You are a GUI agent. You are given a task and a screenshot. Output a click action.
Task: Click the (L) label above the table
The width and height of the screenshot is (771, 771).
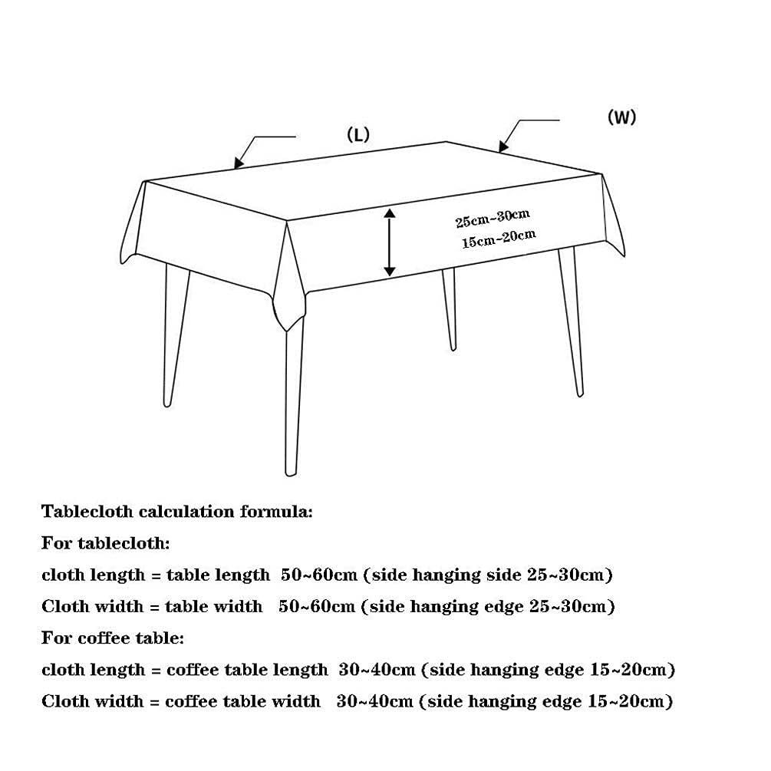(357, 135)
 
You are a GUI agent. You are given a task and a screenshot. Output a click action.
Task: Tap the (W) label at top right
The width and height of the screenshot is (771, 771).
(621, 117)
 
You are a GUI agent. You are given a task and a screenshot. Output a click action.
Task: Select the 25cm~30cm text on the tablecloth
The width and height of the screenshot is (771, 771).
(493, 217)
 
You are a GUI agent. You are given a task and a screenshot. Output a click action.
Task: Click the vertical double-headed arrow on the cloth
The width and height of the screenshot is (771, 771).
(390, 242)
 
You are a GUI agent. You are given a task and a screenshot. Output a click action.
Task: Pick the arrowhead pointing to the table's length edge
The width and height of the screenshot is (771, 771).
(239, 163)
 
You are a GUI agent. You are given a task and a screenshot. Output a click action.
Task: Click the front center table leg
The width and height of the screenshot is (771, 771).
(293, 399)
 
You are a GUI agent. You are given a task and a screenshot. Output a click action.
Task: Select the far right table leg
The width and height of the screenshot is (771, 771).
(572, 322)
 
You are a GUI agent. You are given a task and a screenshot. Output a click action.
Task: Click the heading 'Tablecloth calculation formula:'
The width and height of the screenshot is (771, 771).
(177, 511)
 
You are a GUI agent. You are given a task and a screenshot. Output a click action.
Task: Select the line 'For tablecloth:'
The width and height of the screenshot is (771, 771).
(106, 543)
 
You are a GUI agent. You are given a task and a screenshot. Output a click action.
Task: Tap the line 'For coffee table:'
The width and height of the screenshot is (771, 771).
(113, 638)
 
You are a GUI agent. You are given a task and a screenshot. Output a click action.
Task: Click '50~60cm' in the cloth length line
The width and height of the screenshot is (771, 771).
(318, 575)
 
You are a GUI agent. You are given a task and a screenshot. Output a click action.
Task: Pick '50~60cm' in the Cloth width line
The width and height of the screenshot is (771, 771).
(317, 606)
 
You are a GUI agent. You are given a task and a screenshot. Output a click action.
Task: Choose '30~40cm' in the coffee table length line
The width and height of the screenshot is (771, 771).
(377, 670)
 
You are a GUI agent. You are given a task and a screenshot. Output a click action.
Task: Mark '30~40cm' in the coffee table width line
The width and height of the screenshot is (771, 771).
(374, 701)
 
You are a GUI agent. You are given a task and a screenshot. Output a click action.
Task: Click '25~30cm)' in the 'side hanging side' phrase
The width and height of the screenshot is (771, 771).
(575, 575)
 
